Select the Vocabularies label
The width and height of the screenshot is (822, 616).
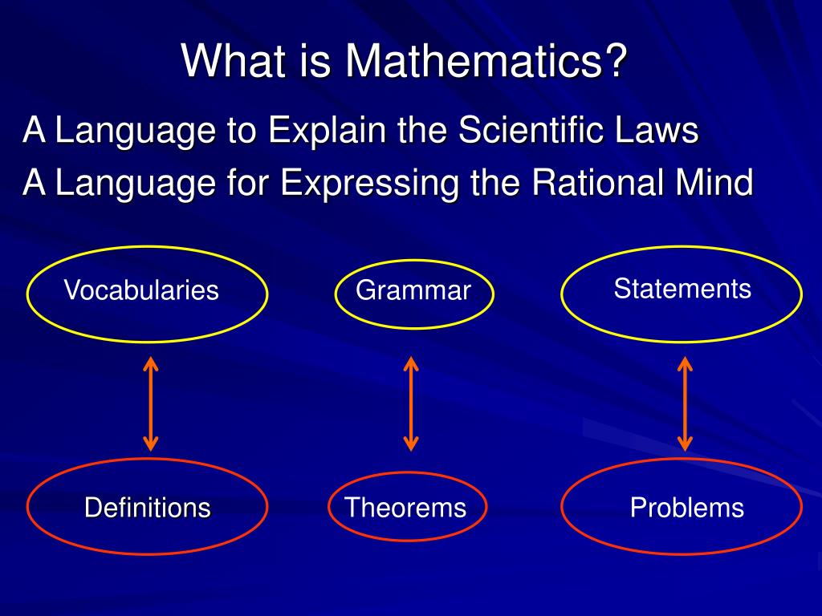click(x=141, y=290)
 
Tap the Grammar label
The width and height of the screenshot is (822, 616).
click(x=413, y=290)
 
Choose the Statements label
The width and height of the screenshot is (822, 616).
click(x=682, y=288)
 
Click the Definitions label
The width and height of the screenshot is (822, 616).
click(x=148, y=507)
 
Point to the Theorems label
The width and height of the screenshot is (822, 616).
click(x=405, y=507)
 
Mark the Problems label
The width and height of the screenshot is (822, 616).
click(x=687, y=507)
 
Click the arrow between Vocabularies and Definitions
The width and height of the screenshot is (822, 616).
click(x=151, y=404)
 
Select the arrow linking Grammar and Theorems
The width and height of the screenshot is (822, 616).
click(x=411, y=404)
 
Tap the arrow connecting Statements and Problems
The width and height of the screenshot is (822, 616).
click(x=685, y=404)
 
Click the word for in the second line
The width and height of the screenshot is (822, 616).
click(x=248, y=182)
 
